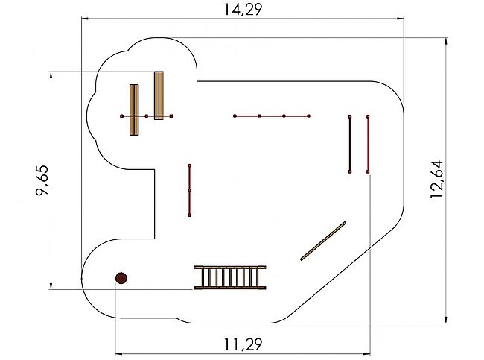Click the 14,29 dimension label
(x=243, y=9)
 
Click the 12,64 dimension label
(x=437, y=179)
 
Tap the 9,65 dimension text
(x=42, y=181)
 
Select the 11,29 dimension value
(x=243, y=344)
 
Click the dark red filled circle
(x=121, y=278)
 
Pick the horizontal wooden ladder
(x=230, y=277)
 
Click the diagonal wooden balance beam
(x=323, y=241)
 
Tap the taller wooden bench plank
(x=159, y=95)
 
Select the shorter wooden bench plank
(x=134, y=110)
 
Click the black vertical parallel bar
(x=350, y=144)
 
